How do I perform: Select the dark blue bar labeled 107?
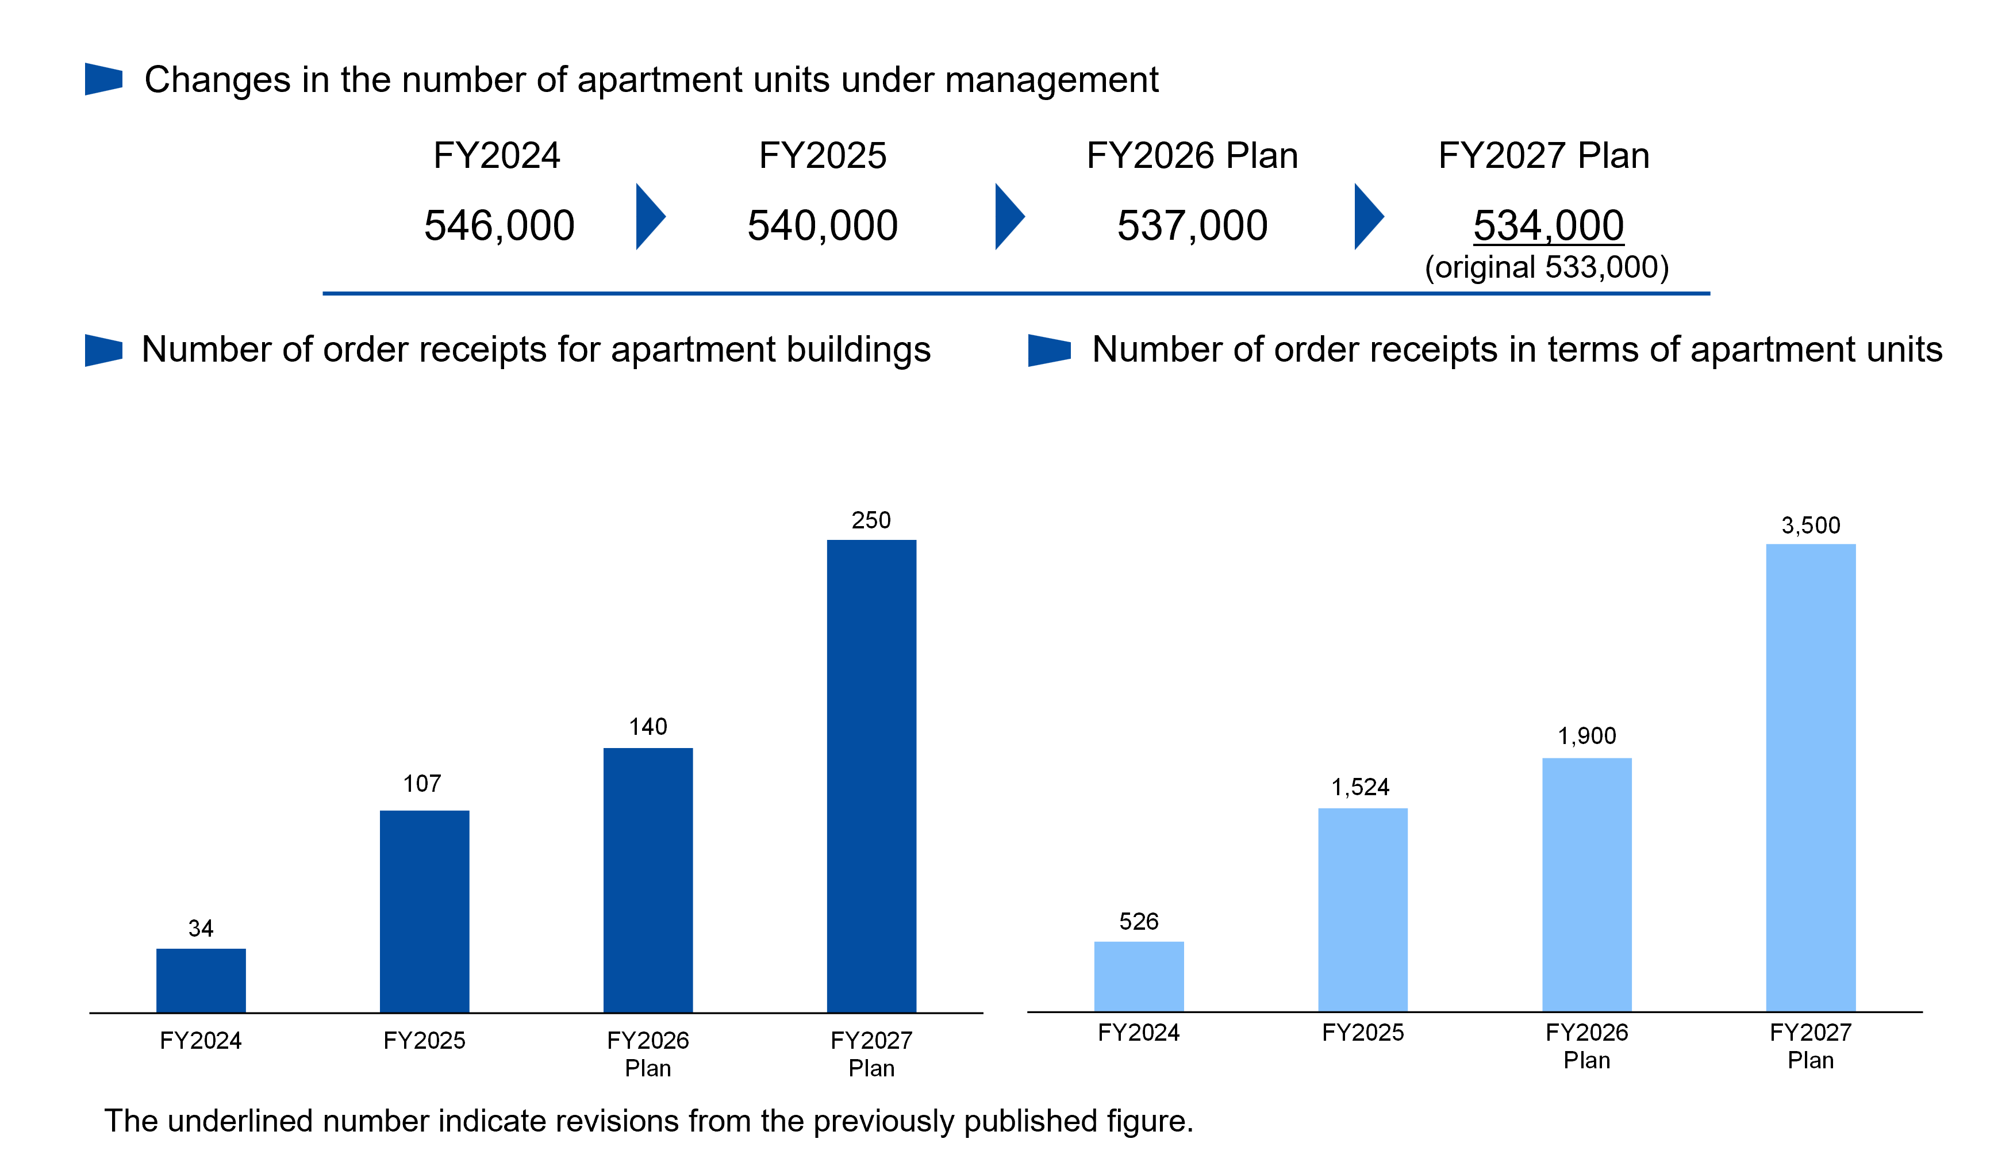424,911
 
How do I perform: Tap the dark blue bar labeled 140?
648,880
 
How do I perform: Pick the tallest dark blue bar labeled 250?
871,776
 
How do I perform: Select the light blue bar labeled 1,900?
1586,885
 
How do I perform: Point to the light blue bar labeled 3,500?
1811,777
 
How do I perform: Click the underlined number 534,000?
1549,225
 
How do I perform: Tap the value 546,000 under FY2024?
500,225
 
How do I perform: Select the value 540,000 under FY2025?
823,225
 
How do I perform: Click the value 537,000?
1193,225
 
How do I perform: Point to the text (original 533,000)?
1547,267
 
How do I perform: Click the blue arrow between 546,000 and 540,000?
651,216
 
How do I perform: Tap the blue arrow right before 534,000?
1369,216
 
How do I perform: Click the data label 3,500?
1811,525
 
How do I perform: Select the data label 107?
422,784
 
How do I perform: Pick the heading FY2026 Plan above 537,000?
1193,155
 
